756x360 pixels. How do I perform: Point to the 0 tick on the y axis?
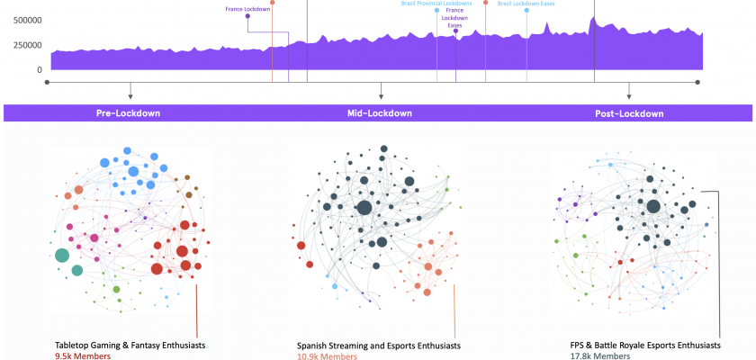click(x=39, y=69)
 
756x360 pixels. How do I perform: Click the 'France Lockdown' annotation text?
click(x=247, y=8)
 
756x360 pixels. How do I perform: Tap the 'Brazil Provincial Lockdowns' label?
click(x=436, y=4)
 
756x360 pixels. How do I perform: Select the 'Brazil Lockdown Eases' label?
click(x=526, y=4)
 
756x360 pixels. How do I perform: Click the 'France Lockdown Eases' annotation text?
click(x=456, y=18)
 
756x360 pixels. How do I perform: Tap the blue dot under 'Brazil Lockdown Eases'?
click(x=526, y=12)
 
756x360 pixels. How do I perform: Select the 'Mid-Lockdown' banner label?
click(x=379, y=113)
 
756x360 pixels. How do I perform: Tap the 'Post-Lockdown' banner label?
click(x=629, y=113)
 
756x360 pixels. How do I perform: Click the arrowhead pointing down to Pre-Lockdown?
click(x=130, y=95)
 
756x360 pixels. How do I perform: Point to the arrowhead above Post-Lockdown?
click(x=629, y=95)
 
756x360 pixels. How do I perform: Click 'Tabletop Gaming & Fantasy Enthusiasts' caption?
click(x=128, y=346)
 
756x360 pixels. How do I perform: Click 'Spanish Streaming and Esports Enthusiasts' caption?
click(x=378, y=346)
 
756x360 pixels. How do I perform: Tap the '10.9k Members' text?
click(x=327, y=356)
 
